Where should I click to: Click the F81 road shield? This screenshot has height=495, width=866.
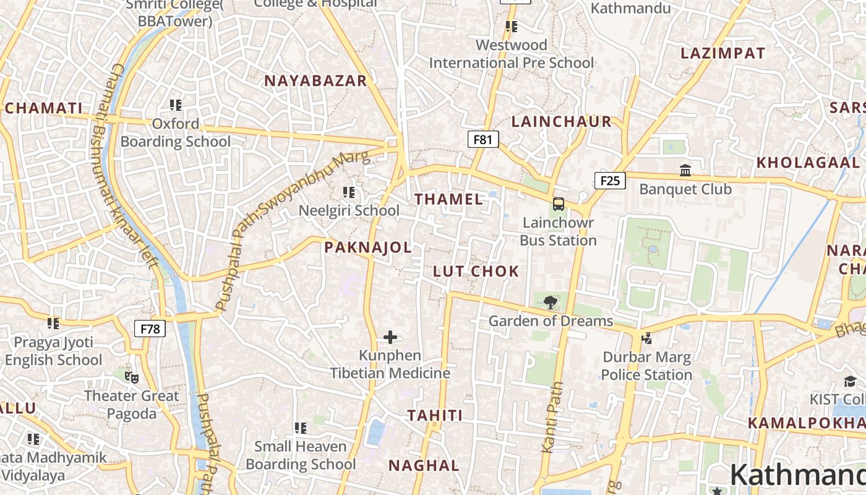pos(482,139)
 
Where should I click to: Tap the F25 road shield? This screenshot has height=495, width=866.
pos(610,180)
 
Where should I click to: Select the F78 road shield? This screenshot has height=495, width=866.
pos(150,328)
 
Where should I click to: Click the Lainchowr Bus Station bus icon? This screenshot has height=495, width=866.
pos(558,204)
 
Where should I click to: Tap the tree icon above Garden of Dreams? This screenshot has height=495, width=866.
pos(550,303)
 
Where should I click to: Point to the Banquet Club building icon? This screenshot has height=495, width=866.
pos(685,170)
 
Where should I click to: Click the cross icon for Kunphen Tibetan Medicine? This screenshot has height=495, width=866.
pos(390,337)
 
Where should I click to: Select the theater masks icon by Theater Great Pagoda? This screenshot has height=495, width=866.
pos(131,377)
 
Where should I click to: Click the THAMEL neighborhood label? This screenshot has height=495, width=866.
pos(449,199)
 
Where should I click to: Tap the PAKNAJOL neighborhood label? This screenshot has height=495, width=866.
pos(368,247)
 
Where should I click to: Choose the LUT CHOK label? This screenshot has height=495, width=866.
pos(476,271)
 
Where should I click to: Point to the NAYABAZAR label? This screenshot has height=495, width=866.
pos(315,80)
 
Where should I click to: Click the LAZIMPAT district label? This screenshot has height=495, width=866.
pos(723,53)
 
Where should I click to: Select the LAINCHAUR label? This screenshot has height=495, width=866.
pos(562,121)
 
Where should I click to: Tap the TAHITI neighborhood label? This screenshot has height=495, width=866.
pos(435,415)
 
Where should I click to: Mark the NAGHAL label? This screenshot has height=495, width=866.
pos(424,465)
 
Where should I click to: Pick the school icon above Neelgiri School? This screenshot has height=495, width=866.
pos(348,192)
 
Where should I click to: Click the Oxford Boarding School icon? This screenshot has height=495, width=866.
pos(176,105)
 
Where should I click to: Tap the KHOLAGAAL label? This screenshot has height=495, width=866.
pos(808,163)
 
